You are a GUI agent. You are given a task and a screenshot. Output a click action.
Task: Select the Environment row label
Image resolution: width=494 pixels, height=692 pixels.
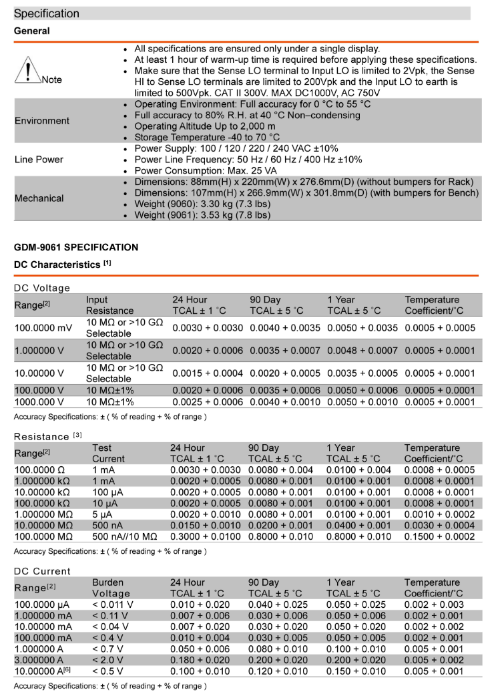point(41,121)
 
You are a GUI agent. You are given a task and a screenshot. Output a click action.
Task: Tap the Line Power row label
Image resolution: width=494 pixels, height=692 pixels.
point(39,160)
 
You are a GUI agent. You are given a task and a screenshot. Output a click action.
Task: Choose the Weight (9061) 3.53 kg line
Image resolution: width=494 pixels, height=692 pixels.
point(202,215)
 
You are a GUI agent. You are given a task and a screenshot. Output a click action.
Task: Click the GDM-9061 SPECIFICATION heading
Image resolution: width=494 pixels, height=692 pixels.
point(76,247)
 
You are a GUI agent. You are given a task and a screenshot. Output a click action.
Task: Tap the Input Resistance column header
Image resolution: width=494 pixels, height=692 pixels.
point(109,305)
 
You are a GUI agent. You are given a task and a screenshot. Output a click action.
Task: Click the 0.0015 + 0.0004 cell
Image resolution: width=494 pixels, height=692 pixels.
point(208,373)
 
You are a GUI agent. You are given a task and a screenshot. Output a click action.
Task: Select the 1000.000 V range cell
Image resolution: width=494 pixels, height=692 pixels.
point(39,402)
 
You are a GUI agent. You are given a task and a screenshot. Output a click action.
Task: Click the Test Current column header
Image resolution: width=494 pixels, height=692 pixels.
point(108,454)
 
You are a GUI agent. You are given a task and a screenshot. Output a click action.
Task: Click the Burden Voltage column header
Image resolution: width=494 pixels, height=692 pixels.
point(111,588)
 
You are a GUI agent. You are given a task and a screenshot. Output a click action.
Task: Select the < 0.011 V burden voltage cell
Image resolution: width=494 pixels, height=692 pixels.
point(112,604)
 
